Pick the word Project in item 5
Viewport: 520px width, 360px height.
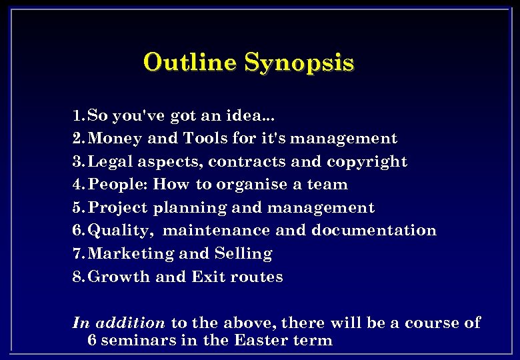pos(118,208)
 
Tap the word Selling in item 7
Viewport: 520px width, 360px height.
pos(243,254)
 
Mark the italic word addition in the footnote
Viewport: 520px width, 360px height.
pos(130,323)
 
